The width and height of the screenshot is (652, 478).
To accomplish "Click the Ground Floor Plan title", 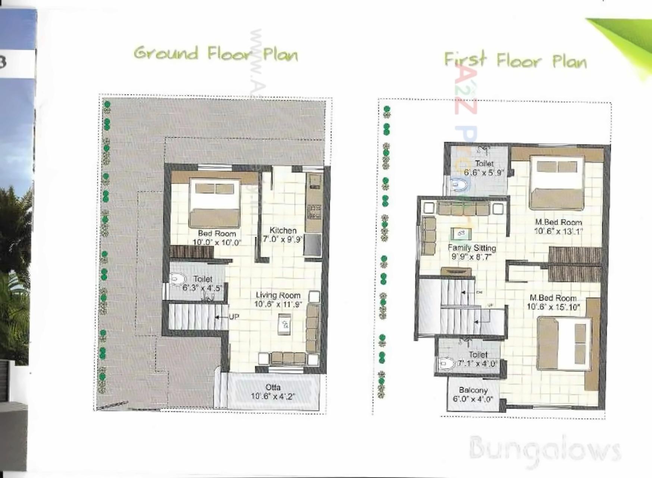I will point(216,54).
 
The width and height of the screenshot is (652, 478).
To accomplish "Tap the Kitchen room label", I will point(283,230).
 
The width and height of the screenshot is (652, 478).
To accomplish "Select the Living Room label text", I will point(278,295).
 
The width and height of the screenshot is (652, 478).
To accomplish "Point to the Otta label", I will point(273,387).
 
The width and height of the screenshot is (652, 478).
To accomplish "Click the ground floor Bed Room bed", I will point(214,204).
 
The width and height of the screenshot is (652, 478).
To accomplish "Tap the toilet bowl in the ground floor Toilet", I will point(178,279).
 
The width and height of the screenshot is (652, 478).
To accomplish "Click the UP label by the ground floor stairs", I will point(234,317).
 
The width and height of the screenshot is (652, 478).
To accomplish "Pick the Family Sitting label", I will point(472,248).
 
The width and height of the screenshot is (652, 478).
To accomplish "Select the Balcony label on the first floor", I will point(473,390).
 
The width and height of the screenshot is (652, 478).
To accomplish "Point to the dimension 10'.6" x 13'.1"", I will point(558,231).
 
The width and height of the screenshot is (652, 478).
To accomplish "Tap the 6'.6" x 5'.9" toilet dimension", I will point(484,173).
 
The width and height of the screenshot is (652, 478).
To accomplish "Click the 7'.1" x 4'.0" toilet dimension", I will point(478,363).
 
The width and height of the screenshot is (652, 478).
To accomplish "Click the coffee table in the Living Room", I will point(285,324).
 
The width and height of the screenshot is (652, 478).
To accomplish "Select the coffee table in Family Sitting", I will point(461,234).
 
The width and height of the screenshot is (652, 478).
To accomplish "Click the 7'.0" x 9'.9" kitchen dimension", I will point(283,239).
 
